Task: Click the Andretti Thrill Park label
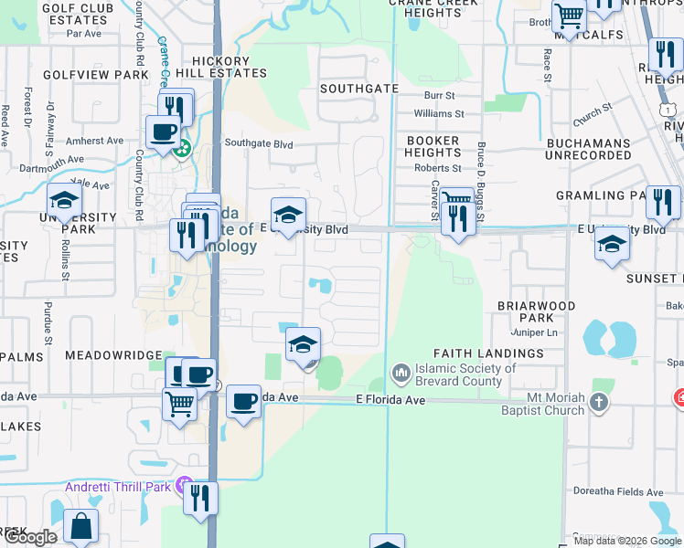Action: [x=118, y=487]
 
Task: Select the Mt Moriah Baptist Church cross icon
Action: [x=598, y=402]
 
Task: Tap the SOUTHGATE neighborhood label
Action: [x=359, y=89]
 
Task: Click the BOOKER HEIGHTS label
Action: [x=433, y=147]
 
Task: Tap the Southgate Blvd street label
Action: [x=259, y=143]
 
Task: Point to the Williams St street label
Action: [x=439, y=114]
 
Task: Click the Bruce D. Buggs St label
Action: [x=480, y=178]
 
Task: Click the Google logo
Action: [x=30, y=537]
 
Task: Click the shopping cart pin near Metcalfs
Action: [x=569, y=16]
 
